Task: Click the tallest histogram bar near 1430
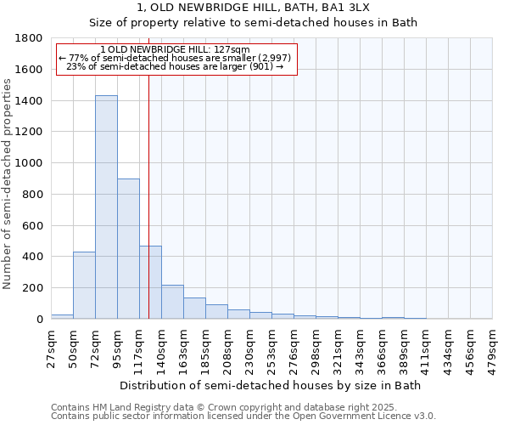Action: [106, 207]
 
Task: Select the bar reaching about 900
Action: [128, 248]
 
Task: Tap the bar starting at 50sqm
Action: [84, 285]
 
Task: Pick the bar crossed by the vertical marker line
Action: [150, 282]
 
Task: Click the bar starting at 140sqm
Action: [172, 302]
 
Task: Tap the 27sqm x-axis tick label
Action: [50, 348]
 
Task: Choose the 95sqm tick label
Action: [117, 348]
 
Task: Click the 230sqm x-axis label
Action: [249, 349]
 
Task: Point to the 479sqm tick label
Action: [492, 349]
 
